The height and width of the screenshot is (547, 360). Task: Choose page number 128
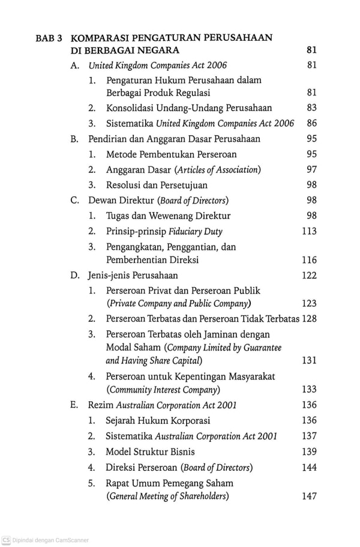(309, 319)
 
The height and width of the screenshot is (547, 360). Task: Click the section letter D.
(74, 276)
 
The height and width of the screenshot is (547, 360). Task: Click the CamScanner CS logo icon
(6, 540)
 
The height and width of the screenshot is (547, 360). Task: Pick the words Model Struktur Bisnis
(150, 452)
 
